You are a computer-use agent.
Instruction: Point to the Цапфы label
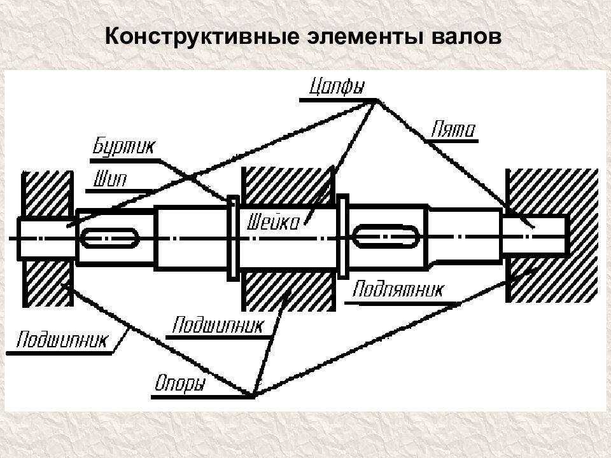coord(337,87)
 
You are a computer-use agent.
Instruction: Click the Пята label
coord(453,130)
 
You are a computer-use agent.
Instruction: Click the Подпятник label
coord(397,290)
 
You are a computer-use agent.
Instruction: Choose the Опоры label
coord(180,385)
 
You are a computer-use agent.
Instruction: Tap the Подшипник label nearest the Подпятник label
coord(217,325)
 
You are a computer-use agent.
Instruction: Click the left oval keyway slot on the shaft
coord(109,239)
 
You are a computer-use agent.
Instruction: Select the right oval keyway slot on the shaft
coord(386,237)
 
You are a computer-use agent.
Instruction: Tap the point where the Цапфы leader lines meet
coord(376,101)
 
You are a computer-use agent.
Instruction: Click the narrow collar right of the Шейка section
coord(343,237)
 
